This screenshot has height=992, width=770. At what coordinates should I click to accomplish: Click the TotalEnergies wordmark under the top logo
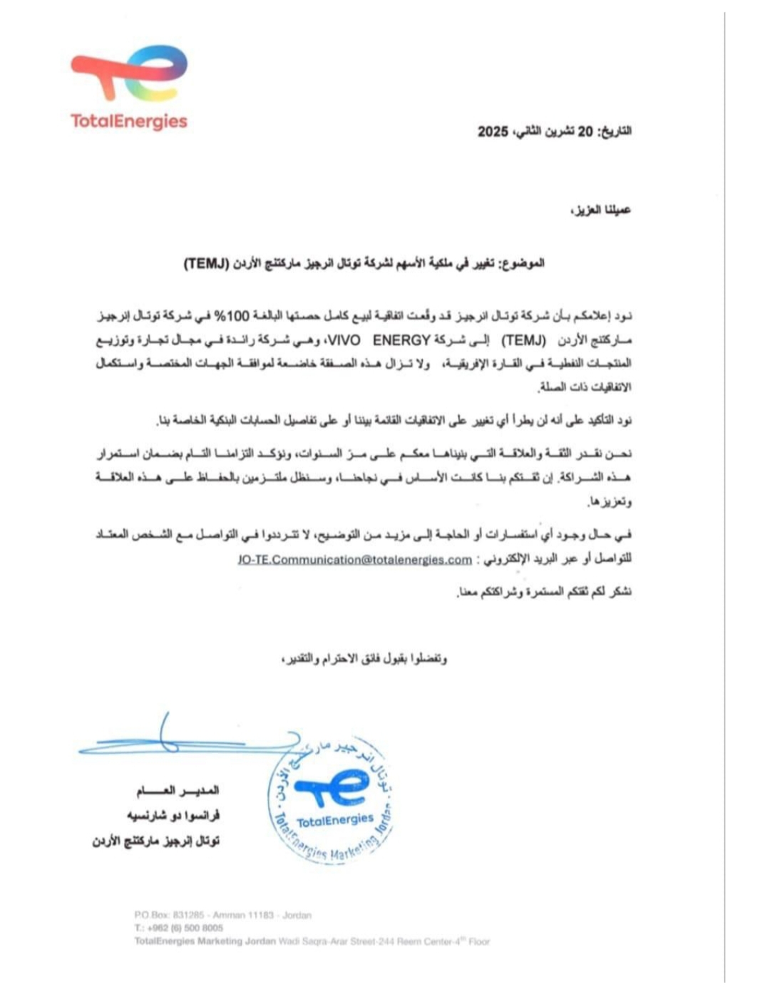129,121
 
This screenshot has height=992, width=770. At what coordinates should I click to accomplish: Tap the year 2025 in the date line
493,132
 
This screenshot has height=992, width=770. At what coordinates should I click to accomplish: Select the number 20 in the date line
584,132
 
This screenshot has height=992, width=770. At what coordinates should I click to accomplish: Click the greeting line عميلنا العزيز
601,210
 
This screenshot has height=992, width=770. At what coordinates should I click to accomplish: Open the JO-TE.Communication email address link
354,560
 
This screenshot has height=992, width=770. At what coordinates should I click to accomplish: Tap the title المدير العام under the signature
178,791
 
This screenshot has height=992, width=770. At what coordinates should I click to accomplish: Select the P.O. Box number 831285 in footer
188,915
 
